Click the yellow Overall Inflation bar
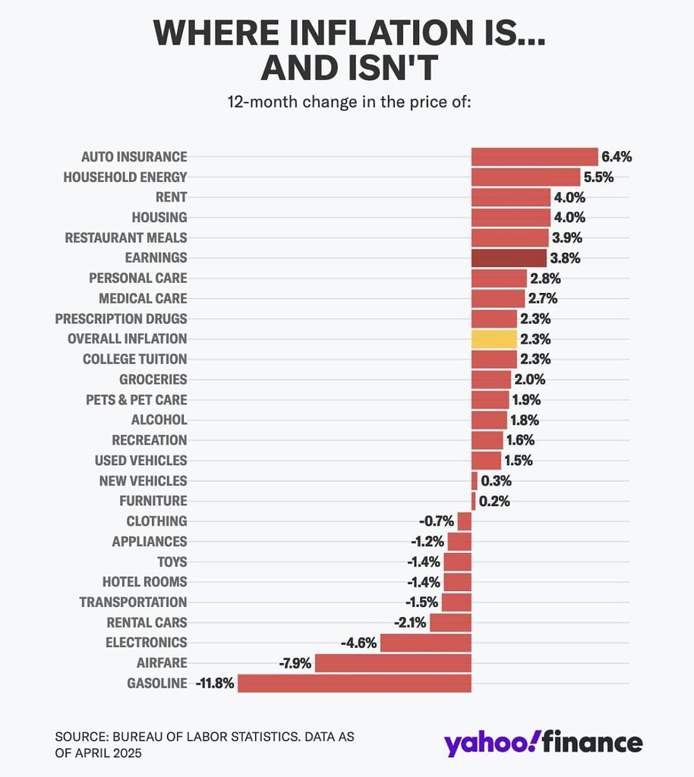click(494, 338)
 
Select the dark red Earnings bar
click(509, 258)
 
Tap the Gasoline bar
click(354, 683)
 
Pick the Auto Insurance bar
click(535, 156)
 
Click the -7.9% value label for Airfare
click(295, 663)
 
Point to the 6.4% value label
click(617, 157)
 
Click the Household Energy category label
click(125, 177)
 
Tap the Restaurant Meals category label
click(125, 238)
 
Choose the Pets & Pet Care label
click(136, 399)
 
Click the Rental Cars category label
click(147, 622)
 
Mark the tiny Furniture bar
click(473, 501)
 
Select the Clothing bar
click(465, 521)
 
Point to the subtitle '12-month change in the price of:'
click(349, 102)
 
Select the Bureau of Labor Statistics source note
click(204, 744)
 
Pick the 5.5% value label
click(598, 177)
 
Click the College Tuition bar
click(494, 359)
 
